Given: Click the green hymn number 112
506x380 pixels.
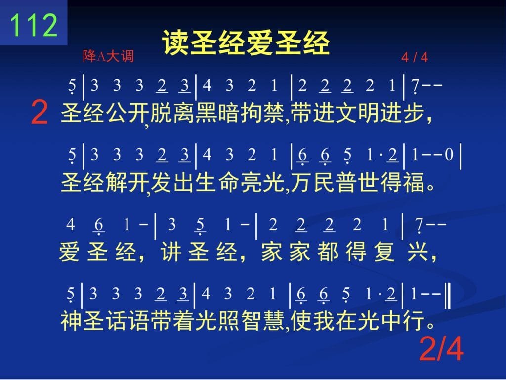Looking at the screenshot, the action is [34, 25].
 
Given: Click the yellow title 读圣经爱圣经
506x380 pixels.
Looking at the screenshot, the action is [246, 43].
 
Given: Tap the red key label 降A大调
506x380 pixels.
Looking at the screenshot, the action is [108, 56].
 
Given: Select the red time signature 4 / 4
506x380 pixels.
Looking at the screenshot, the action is [415, 58].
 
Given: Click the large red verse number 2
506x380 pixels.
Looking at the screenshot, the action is [40, 112].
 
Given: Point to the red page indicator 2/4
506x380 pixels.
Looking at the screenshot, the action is [441, 349].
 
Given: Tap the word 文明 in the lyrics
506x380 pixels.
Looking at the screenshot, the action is [357, 113].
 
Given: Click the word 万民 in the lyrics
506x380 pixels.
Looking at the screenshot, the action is [312, 182].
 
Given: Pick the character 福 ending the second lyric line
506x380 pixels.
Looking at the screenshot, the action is [414, 182].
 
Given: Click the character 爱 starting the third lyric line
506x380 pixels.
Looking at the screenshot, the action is [69, 252].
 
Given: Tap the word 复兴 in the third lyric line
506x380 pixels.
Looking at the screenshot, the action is [401, 252].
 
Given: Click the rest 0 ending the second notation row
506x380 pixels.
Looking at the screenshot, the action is [449, 155].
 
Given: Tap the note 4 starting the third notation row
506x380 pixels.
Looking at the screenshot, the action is [71, 224].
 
